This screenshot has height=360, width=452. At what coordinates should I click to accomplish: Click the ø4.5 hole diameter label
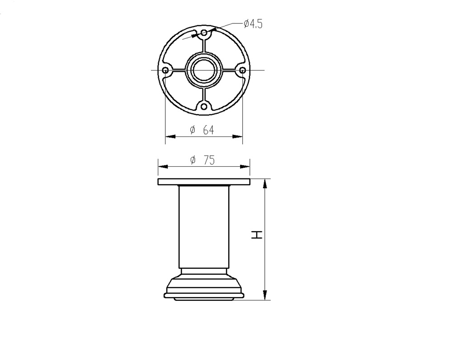click(x=253, y=23)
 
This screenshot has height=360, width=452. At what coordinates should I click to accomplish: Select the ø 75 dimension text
click(x=202, y=160)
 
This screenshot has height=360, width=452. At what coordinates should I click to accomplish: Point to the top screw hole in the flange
click(x=204, y=33)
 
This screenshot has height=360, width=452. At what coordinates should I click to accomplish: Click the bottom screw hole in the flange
click(x=204, y=107)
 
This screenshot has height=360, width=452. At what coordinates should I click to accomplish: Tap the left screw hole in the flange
click(x=165, y=70)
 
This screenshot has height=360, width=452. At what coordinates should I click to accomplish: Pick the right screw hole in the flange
click(x=243, y=70)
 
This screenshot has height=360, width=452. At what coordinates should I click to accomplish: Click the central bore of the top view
click(x=204, y=70)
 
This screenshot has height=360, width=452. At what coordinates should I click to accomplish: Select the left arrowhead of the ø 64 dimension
click(x=170, y=136)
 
